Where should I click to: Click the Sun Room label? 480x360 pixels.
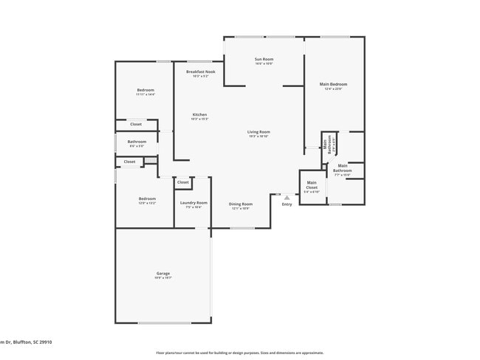[264, 59]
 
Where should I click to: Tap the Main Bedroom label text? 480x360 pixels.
[333, 84]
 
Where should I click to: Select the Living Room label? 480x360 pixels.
[258, 132]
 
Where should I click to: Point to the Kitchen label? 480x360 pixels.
[199, 114]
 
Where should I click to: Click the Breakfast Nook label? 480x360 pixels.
[200, 72]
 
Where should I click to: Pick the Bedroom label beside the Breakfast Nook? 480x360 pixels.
[145, 90]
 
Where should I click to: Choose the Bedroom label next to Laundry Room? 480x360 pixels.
[147, 198]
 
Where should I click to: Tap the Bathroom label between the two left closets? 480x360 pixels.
[137, 142]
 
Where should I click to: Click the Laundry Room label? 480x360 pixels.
[193, 202]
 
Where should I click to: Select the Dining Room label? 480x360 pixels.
[241, 204]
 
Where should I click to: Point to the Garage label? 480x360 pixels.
[162, 273]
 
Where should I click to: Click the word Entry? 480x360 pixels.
[287, 204]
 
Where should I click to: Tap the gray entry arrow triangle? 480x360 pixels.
[287, 197]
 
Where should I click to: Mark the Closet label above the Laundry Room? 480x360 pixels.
[182, 181]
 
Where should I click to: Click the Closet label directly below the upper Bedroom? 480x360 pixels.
[136, 124]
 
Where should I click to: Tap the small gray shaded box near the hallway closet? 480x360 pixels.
[150, 160]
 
